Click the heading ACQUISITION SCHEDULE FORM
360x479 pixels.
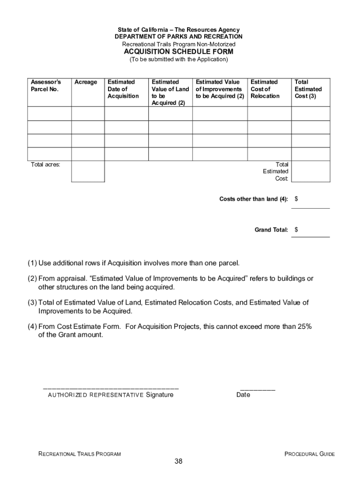178,51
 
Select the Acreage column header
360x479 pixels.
86,82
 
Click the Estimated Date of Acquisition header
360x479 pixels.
123,89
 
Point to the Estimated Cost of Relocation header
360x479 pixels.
265,89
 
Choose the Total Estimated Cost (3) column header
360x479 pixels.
308,89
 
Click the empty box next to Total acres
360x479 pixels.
87,171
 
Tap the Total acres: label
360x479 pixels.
45,165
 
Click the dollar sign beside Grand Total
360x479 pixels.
296,230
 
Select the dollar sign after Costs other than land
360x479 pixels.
296,199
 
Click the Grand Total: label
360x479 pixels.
271,230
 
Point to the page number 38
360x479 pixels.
178,462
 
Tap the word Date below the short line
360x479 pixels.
243,395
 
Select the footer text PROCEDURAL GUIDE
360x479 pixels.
310,454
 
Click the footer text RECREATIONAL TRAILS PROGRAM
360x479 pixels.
79,454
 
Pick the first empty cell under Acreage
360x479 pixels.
87,114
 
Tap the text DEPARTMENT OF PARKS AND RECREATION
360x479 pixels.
179,36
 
